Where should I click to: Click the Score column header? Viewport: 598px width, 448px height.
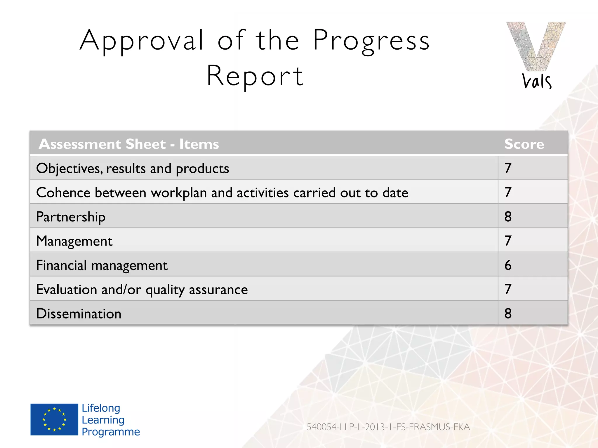pyautogui.click(x=524, y=144)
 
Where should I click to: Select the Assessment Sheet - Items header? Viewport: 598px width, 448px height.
pyautogui.click(x=129, y=144)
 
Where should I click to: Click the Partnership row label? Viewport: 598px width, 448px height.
pyautogui.click(x=71, y=217)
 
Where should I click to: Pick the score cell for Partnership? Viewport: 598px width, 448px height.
pyautogui.click(x=508, y=216)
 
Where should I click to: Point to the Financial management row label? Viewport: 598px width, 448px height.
pyautogui.click(x=102, y=265)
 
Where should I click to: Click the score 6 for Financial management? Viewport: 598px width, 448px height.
pyautogui.click(x=508, y=265)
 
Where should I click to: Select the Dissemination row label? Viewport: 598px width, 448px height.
pyautogui.click(x=79, y=314)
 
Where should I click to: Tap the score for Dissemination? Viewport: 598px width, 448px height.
pyautogui.click(x=508, y=313)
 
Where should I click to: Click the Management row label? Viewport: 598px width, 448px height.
pyautogui.click(x=74, y=241)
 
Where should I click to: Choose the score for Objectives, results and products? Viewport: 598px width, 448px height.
pyautogui.click(x=508, y=168)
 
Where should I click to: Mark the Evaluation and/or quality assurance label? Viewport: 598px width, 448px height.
pyautogui.click(x=142, y=290)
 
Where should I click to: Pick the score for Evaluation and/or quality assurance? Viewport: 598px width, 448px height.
pyautogui.click(x=508, y=289)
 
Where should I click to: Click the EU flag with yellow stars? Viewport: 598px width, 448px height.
pyautogui.click(x=54, y=419)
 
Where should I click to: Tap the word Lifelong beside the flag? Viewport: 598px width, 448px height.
pyautogui.click(x=101, y=408)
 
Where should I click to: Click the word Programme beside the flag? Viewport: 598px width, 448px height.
pyautogui.click(x=111, y=432)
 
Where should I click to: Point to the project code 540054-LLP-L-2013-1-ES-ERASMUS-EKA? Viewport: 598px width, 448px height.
pyautogui.click(x=388, y=427)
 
